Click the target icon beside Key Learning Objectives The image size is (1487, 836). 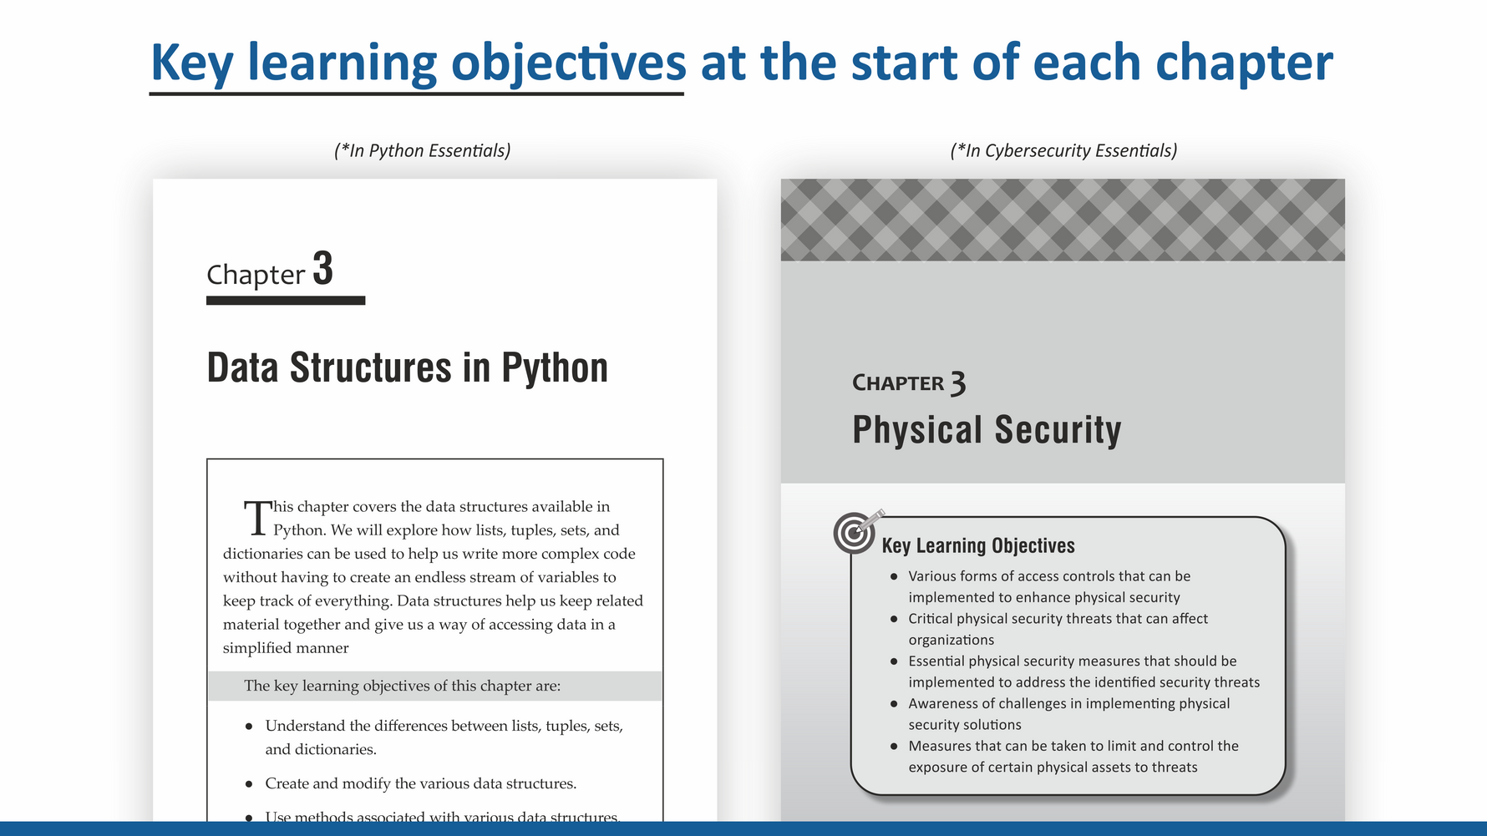(856, 532)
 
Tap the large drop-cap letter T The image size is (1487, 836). (258, 518)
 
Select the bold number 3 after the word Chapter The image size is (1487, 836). (323, 269)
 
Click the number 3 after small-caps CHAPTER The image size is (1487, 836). (958, 383)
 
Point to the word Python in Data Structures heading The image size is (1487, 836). (555, 368)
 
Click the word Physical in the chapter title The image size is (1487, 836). (917, 430)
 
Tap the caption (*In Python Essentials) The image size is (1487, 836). (422, 150)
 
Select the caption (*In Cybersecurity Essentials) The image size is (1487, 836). (1063, 150)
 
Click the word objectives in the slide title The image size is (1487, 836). (569, 63)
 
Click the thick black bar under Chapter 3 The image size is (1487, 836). (286, 301)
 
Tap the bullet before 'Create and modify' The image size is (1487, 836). (249, 784)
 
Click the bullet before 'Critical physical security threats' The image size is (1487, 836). (894, 619)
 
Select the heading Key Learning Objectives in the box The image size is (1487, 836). (978, 545)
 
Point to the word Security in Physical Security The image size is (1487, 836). (1058, 430)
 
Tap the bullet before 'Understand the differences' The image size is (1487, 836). (249, 727)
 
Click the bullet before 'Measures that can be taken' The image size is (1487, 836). (894, 747)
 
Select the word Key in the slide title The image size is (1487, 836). (191, 63)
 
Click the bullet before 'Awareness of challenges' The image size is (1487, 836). (894, 704)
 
